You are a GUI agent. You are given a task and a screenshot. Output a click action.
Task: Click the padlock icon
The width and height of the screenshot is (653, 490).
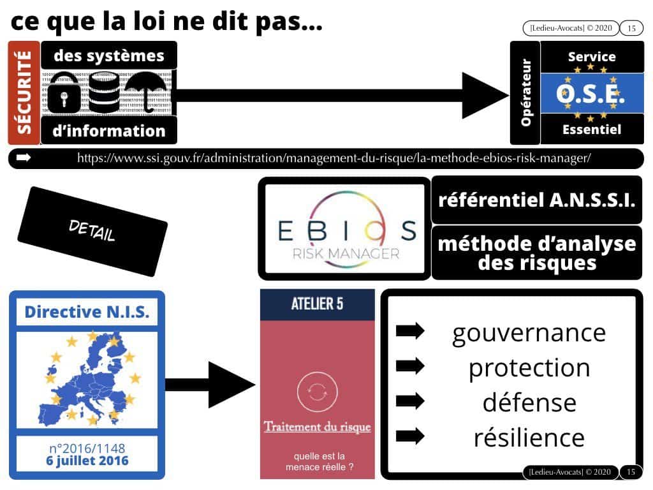click(64, 93)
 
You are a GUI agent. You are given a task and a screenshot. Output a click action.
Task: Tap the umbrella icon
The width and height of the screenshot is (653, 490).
click(147, 92)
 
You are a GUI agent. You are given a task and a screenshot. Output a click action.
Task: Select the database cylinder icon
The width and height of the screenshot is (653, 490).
click(104, 93)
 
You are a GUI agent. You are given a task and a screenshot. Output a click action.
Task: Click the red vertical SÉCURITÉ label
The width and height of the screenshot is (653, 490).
click(24, 93)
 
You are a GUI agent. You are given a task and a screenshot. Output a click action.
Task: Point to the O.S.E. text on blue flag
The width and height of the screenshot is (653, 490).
click(591, 93)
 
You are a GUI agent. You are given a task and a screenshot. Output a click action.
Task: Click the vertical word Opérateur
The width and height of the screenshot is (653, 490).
click(526, 93)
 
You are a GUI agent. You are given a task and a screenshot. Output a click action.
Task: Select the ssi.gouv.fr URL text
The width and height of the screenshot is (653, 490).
click(334, 158)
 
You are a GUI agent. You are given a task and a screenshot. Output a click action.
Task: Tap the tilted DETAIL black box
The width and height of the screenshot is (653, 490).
click(92, 231)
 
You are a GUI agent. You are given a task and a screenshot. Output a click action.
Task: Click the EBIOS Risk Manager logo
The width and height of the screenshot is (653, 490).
click(345, 229)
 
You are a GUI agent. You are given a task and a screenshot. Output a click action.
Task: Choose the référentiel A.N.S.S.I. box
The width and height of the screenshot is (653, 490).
click(536, 200)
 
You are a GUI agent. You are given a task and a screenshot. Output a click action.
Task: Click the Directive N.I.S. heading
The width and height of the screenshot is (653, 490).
click(87, 311)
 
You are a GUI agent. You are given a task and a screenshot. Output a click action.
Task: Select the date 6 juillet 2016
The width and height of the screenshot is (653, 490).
click(87, 461)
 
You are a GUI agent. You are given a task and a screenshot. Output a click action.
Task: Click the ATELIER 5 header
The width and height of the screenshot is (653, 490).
click(318, 304)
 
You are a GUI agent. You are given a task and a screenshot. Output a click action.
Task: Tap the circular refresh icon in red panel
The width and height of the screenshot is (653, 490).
click(318, 392)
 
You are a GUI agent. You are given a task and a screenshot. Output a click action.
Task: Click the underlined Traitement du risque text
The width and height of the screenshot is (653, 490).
click(318, 427)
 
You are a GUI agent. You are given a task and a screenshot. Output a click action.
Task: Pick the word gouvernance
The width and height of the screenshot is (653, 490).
click(529, 333)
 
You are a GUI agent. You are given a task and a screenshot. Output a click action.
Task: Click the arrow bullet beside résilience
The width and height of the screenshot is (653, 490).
click(410, 436)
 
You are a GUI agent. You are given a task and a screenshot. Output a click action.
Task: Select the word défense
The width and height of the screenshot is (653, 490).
click(529, 403)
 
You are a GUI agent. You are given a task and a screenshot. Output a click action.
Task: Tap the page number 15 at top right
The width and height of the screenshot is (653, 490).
click(631, 28)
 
